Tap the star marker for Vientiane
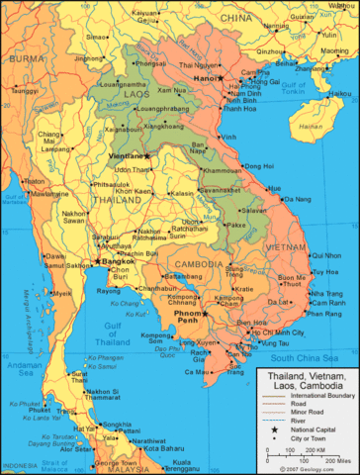click(x=146, y=155)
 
